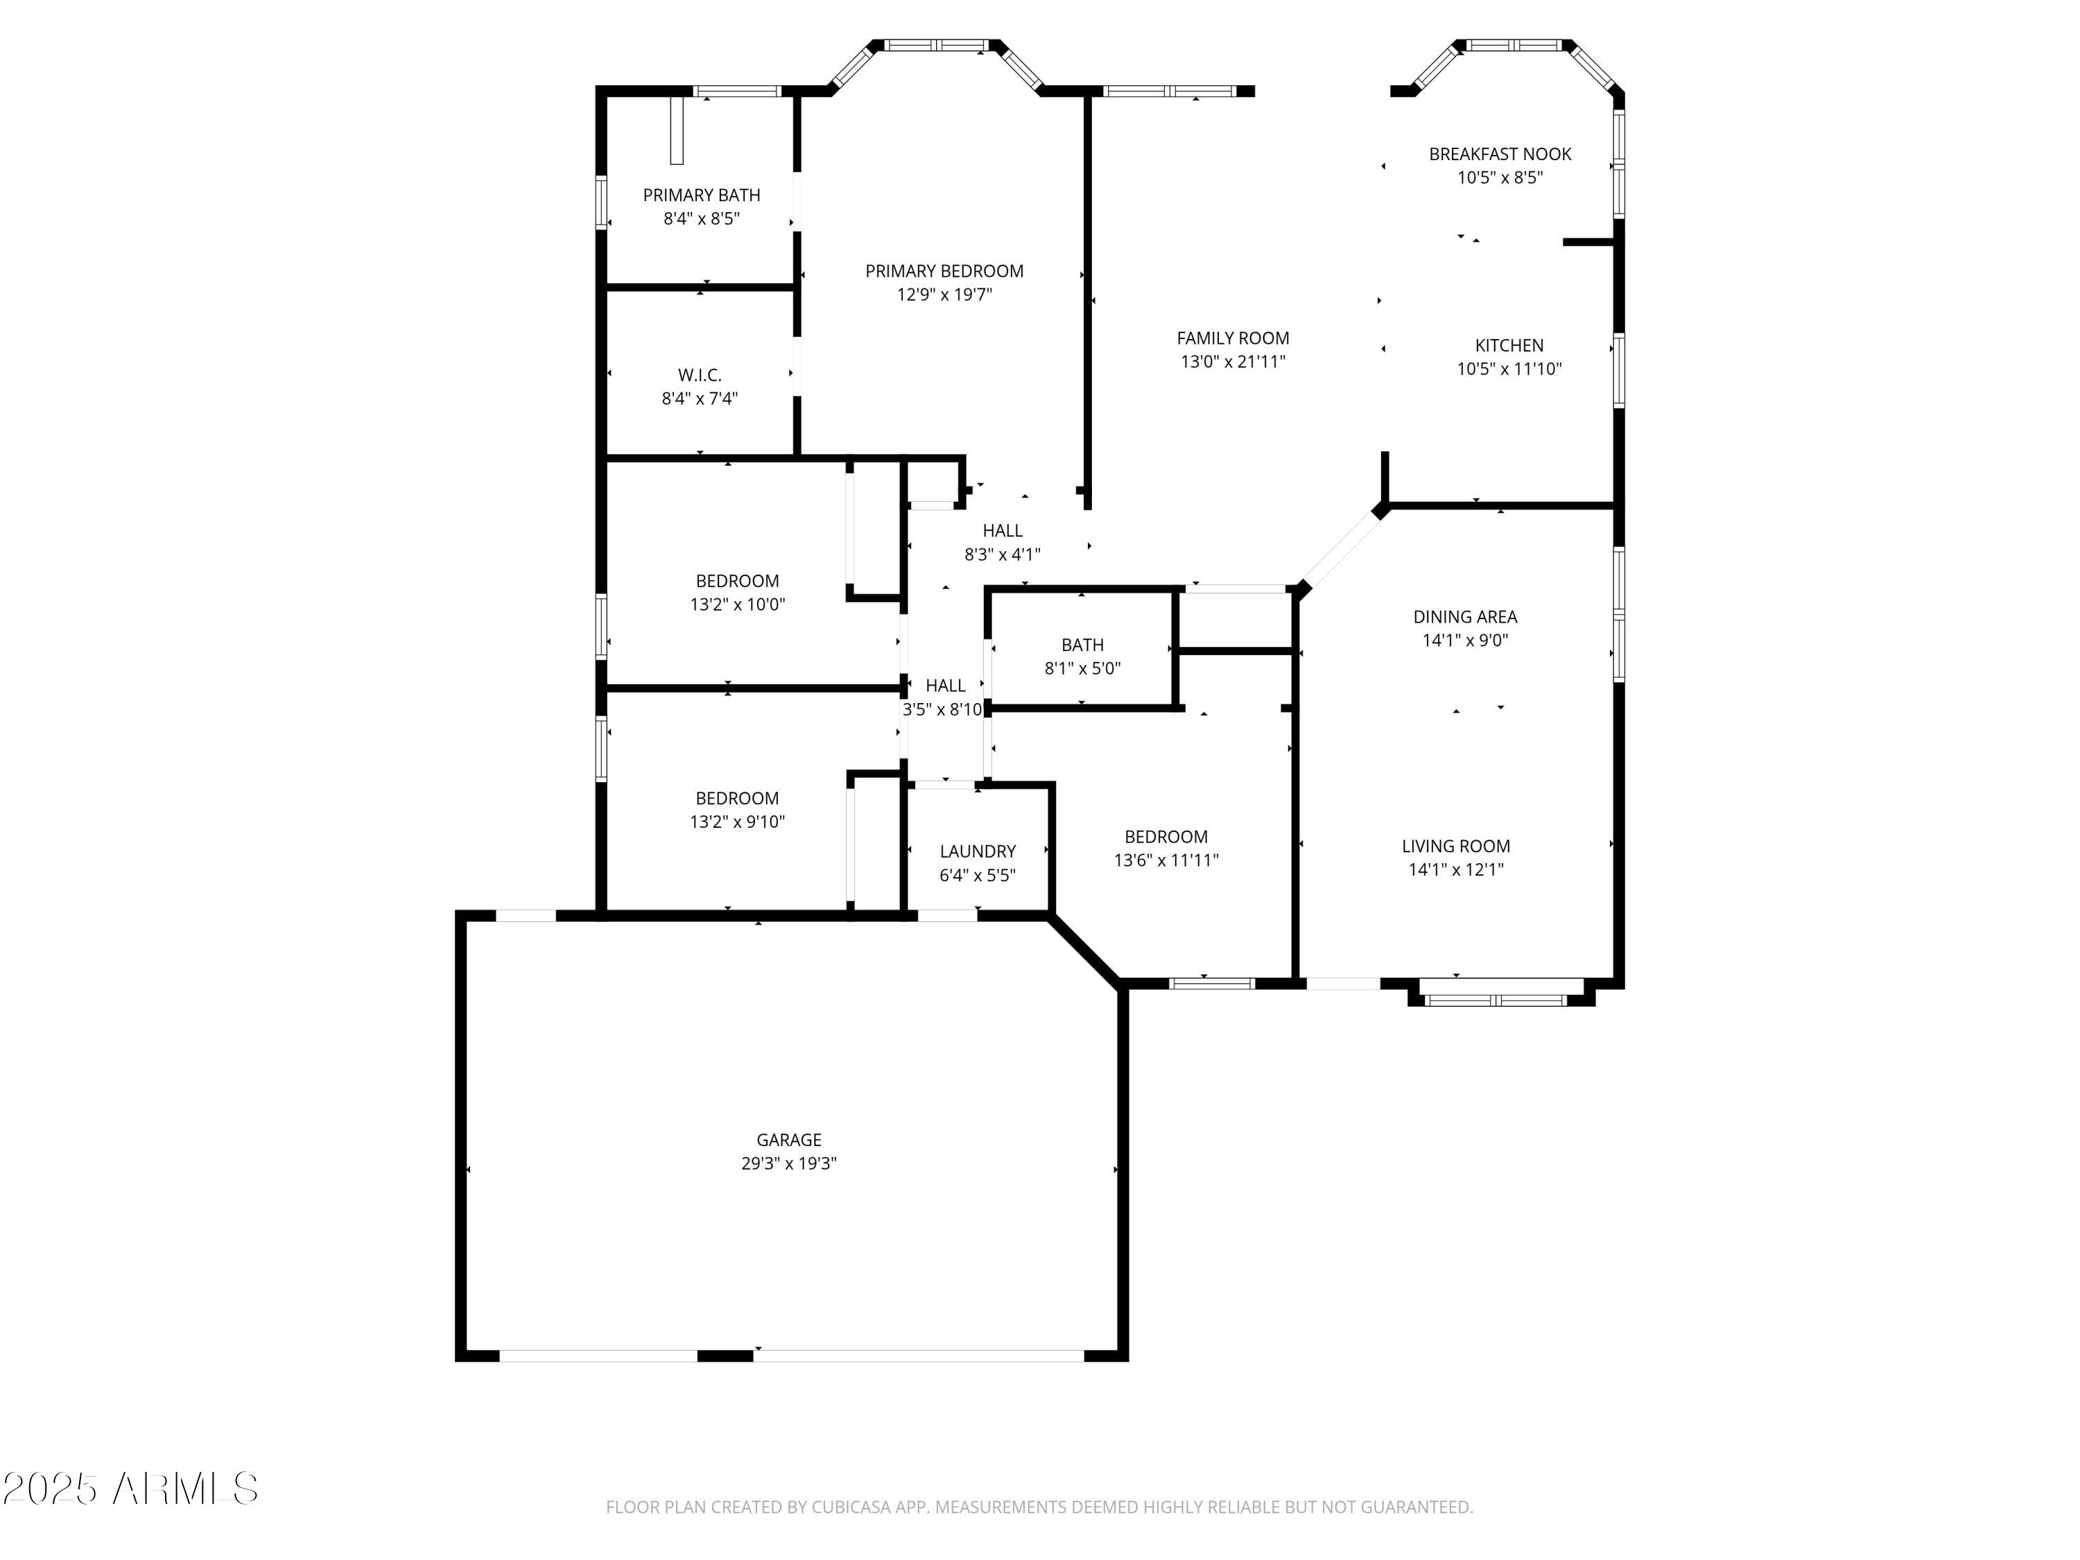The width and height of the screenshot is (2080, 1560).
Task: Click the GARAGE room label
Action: [788, 1140]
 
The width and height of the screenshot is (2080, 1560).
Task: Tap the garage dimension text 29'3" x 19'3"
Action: [788, 1163]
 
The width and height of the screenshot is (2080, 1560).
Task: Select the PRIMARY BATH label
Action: [702, 195]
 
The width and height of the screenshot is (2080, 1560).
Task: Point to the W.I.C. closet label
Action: [700, 375]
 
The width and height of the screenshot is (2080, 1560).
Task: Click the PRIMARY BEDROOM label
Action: [944, 271]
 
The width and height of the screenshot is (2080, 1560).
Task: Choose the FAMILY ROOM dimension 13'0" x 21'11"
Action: [1233, 362]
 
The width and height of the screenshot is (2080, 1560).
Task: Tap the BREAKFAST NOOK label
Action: [1500, 154]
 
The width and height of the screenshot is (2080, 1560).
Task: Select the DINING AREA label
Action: [1465, 617]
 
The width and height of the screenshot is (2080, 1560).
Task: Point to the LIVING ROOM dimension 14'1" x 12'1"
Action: [1455, 870]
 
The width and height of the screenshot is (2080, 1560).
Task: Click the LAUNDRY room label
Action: [978, 851]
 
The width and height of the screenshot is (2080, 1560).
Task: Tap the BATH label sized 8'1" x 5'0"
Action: [1082, 645]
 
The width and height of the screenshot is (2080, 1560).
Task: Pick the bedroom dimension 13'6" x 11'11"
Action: [1166, 860]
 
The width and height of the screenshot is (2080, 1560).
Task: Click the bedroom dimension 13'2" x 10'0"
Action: [737, 605]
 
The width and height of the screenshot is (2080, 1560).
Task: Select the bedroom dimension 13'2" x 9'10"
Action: [737, 822]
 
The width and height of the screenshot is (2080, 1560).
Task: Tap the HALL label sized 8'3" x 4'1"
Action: [1003, 530]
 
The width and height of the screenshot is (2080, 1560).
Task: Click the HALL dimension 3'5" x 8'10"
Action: [943, 710]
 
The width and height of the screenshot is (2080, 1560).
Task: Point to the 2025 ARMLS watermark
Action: [131, 1489]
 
